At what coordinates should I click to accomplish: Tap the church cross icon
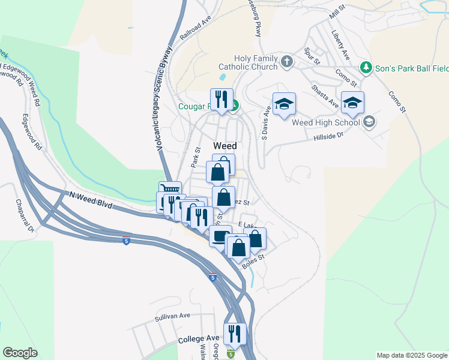pyautogui.click(x=287, y=61)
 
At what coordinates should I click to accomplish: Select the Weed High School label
pyautogui.click(x=325, y=122)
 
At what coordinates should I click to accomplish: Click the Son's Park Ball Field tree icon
pyautogui.click(x=364, y=66)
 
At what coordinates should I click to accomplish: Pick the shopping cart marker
pyautogui.click(x=169, y=191)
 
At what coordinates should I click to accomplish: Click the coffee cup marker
pyautogui.click(x=220, y=235)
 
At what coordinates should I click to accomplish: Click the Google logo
pyautogui.click(x=20, y=352)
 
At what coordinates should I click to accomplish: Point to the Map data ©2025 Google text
pyautogui.click(x=411, y=355)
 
